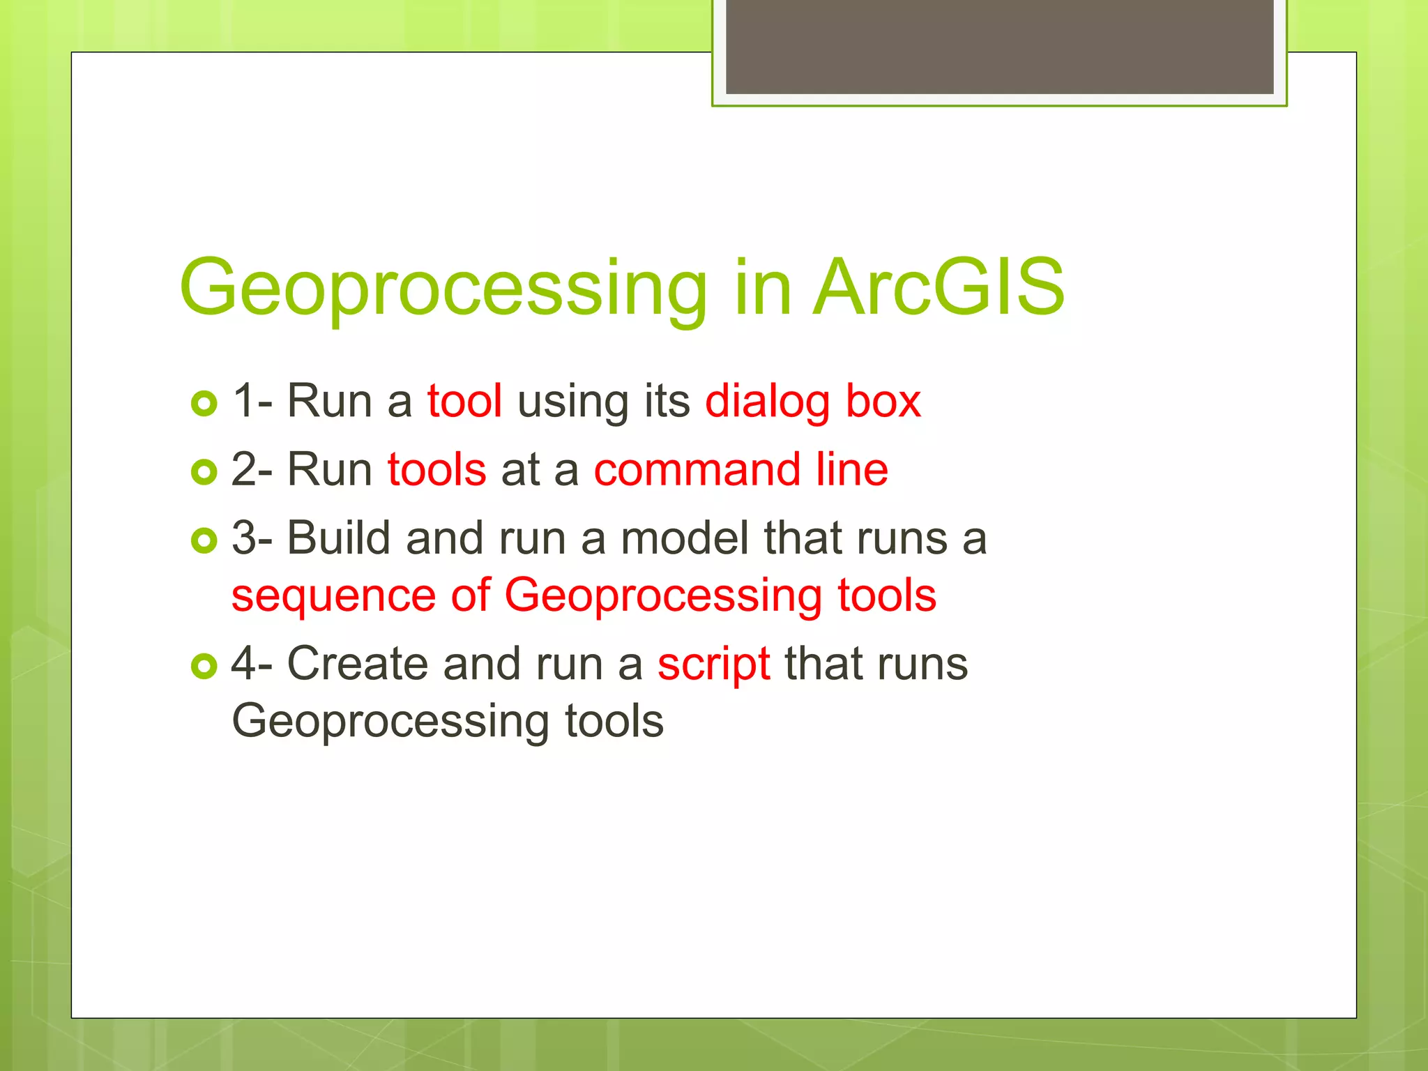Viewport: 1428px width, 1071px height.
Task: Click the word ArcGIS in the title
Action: (939, 287)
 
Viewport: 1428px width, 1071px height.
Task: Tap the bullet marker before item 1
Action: (204, 403)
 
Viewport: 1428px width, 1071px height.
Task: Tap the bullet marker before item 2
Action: (204, 472)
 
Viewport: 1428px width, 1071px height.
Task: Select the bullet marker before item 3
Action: (204, 540)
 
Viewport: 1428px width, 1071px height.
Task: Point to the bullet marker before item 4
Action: (204, 666)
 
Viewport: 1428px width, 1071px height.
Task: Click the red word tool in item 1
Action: (464, 402)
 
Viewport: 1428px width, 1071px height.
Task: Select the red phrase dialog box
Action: (813, 402)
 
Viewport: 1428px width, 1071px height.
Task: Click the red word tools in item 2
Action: (436, 470)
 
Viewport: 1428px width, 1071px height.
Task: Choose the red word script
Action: (713, 664)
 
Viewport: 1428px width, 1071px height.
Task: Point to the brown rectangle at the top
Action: (999, 46)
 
